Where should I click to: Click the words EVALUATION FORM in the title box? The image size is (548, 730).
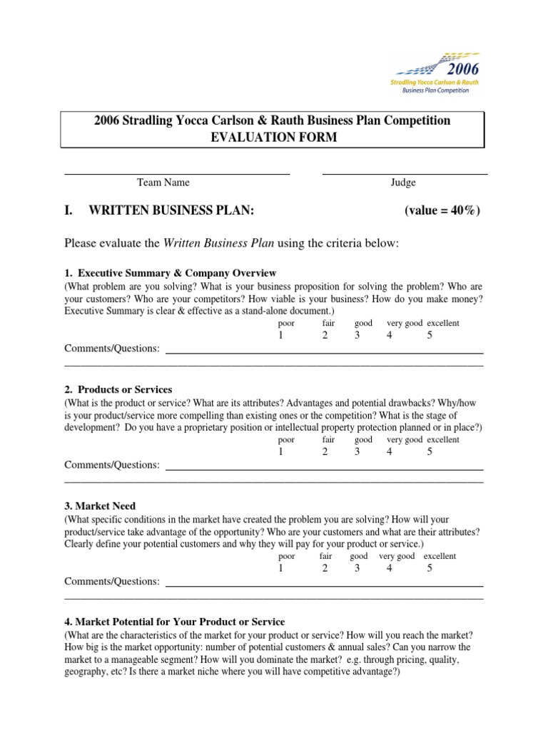pyautogui.click(x=272, y=137)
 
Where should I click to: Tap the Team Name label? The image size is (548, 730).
pyautogui.click(x=163, y=182)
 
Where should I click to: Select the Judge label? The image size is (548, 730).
pyautogui.click(x=403, y=182)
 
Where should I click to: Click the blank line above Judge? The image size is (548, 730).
pyautogui.click(x=405, y=173)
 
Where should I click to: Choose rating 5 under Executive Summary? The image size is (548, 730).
pyautogui.click(x=430, y=336)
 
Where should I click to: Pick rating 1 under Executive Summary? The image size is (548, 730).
pyautogui.click(x=281, y=336)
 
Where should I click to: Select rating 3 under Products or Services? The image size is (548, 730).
pyautogui.click(x=357, y=452)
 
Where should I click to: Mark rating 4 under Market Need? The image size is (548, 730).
pyautogui.click(x=389, y=568)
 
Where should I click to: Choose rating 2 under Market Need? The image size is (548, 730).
pyautogui.click(x=325, y=568)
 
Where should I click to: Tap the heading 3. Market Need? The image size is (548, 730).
pyautogui.click(x=100, y=506)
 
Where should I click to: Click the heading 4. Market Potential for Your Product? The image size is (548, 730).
pyautogui.click(x=175, y=622)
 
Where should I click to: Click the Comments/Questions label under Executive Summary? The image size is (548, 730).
pyautogui.click(x=112, y=349)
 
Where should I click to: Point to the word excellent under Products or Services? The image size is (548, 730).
pyautogui.click(x=443, y=440)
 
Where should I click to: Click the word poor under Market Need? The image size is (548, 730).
pyautogui.click(x=286, y=556)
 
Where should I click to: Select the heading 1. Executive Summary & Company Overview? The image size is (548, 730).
pyautogui.click(x=171, y=273)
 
